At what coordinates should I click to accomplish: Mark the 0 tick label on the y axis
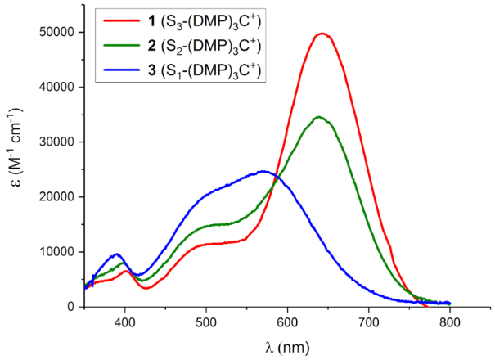pos(70,307)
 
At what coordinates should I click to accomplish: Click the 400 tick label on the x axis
pos(124,322)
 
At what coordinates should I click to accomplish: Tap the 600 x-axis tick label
pos(287,322)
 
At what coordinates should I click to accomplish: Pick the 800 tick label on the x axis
pos(450,322)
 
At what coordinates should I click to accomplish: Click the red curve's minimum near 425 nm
pos(146,288)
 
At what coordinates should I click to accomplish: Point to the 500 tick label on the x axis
pos(206,322)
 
